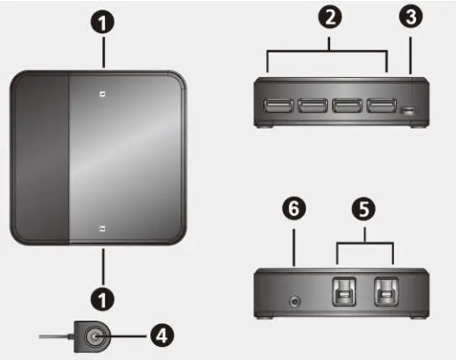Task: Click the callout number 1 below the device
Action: [x=104, y=300]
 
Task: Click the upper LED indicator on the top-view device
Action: [x=103, y=94]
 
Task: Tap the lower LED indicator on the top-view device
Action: [x=103, y=230]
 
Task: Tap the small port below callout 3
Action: [x=408, y=109]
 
